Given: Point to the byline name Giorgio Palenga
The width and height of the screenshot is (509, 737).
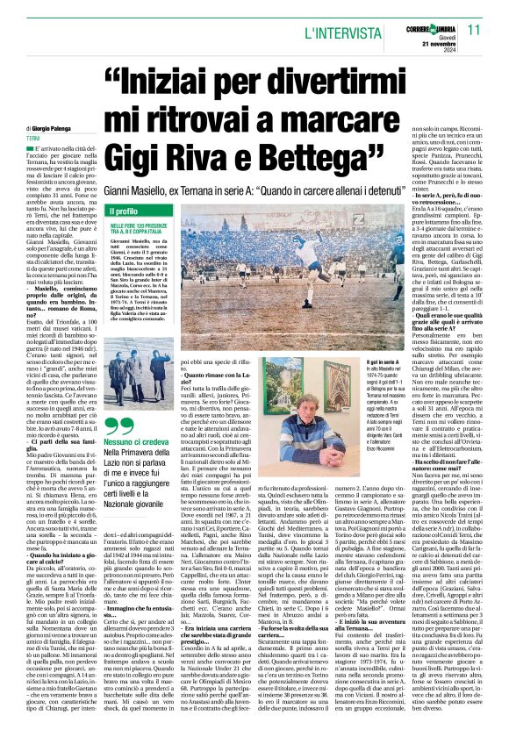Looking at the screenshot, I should [x=50, y=128].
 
